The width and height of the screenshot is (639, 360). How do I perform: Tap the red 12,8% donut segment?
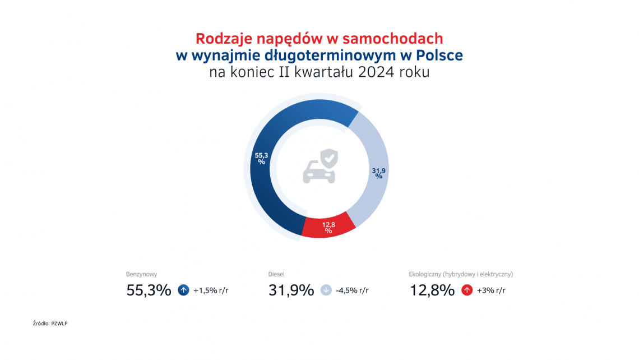(328, 227)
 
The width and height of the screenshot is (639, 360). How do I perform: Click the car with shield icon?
(320, 166)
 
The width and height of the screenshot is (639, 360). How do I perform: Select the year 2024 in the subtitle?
(374, 72)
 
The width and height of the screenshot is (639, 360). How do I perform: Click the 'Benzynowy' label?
(142, 274)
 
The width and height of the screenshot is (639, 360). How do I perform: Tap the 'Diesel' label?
(276, 274)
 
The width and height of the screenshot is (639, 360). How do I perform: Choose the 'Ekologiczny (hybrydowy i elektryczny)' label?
(461, 274)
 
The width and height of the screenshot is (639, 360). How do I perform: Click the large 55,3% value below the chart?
(149, 290)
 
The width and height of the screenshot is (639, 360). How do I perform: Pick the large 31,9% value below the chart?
(291, 290)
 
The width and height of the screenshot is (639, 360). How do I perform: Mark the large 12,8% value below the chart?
(432, 290)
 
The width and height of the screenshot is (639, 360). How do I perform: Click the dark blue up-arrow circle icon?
(183, 290)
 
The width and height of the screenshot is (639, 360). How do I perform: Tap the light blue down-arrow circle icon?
(326, 290)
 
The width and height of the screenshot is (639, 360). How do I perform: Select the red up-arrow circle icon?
(466, 290)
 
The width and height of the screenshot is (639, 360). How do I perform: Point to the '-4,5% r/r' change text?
(352, 290)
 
